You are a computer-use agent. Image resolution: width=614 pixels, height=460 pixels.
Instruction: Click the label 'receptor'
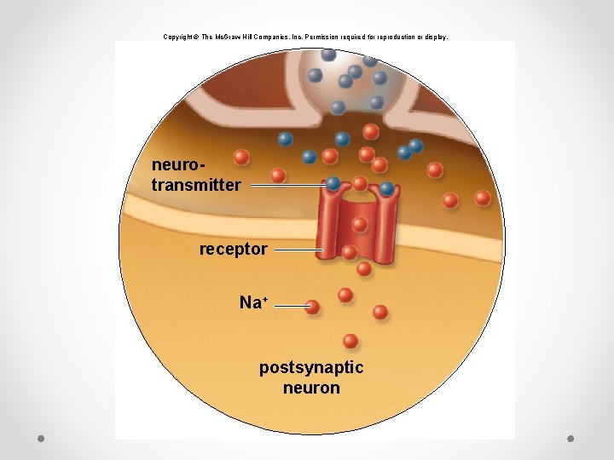coord(234,250)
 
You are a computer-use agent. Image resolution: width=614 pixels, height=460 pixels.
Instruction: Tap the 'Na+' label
coord(254,302)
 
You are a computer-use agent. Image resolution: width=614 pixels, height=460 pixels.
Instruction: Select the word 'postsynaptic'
coord(311,369)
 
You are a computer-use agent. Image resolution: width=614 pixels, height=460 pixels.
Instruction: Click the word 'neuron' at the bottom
coord(311,388)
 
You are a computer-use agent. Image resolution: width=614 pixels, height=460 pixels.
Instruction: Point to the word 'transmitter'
coord(196,185)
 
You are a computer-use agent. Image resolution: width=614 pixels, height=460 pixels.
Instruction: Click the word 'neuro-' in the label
coord(178,165)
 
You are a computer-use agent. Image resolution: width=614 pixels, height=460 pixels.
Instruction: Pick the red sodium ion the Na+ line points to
coord(312,307)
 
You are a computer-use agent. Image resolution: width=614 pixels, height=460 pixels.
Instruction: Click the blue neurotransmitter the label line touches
coord(333,183)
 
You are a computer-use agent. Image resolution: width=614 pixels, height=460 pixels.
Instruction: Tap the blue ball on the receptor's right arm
coord(386,188)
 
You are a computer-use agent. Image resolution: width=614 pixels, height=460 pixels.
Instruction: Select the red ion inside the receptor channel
coord(360,225)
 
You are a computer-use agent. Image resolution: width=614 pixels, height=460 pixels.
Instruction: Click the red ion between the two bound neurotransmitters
coord(360,183)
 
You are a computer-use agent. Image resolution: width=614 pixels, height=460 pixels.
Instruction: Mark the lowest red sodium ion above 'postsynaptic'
coord(350,341)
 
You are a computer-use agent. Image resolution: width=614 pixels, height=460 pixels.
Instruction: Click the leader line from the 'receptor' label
coord(298,250)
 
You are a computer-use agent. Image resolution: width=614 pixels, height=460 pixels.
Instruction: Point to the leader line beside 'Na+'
coord(290,306)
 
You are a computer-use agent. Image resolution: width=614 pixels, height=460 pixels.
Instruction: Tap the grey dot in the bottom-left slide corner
coord(41,439)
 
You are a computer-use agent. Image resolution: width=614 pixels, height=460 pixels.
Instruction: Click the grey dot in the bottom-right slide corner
coord(571,439)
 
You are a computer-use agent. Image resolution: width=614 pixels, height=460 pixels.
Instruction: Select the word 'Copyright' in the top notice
coord(178,37)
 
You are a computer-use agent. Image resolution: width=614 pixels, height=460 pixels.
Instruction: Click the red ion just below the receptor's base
coord(364,268)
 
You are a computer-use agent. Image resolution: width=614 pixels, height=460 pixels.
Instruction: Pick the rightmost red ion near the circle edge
coord(483,198)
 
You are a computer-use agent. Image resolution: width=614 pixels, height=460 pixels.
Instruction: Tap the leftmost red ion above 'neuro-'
coord(241,158)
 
